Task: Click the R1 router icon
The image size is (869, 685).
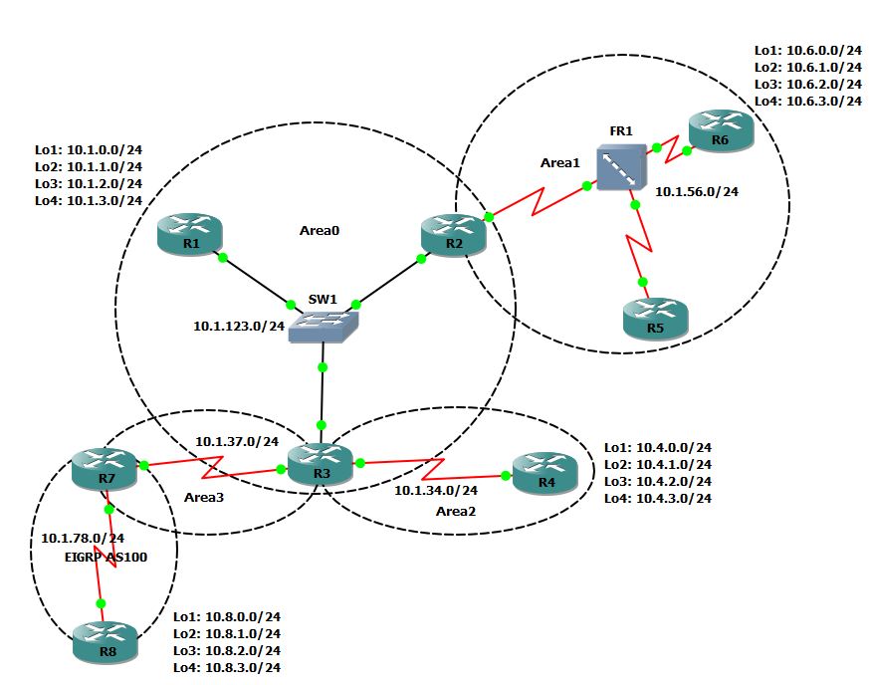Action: (x=190, y=235)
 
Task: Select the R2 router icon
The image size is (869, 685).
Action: (x=453, y=234)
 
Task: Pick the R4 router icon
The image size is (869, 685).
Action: (x=544, y=473)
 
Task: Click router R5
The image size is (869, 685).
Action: (x=655, y=318)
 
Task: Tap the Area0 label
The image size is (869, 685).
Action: (x=320, y=230)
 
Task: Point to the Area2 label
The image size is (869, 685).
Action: (x=456, y=511)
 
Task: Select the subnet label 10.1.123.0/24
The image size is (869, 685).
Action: (x=239, y=326)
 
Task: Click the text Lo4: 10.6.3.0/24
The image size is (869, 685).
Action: (x=807, y=101)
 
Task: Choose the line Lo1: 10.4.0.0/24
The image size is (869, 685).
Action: (x=657, y=448)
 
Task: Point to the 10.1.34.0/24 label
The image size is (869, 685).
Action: (x=436, y=490)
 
